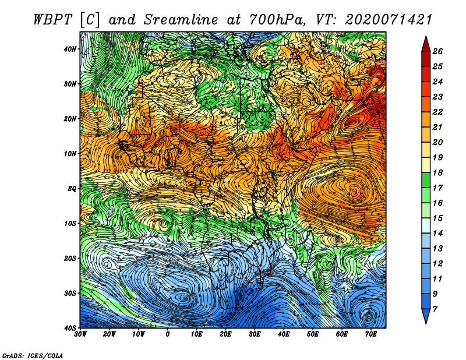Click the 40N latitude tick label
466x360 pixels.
coord(70,49)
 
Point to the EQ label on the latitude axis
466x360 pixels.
coord(72,189)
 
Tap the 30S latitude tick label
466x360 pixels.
coord(70,293)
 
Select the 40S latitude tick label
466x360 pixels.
coord(70,328)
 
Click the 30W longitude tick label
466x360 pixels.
coord(80,334)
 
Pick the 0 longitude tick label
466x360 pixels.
coord(168,334)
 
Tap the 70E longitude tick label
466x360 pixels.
coord(371,334)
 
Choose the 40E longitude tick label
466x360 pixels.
coord(284,334)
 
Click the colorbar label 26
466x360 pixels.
coord(437,51)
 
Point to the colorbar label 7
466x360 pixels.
coord(435,309)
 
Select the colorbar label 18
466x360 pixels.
coord(437,172)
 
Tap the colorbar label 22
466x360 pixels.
coord(437,112)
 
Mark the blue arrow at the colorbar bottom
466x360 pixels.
coord(426,316)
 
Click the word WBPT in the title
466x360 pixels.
coord(53,20)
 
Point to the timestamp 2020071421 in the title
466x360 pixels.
coord(388,20)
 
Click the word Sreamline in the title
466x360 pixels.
coord(181,20)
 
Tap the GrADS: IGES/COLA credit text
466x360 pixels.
coord(33,356)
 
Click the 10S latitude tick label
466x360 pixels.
coord(70,223)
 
